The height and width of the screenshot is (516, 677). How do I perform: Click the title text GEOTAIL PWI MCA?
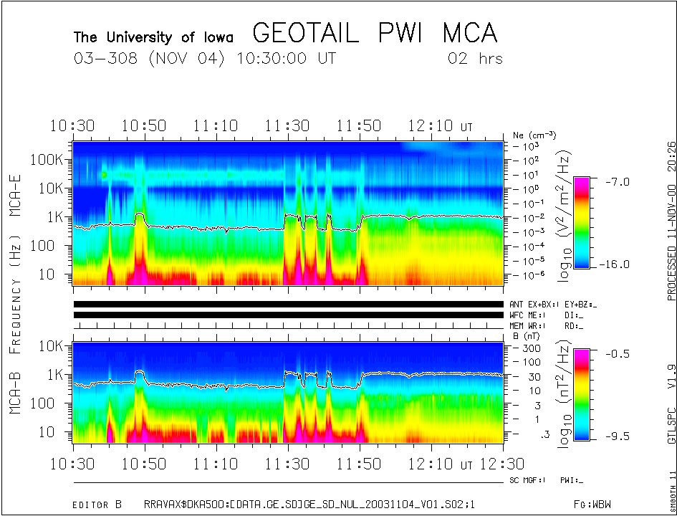tap(375, 34)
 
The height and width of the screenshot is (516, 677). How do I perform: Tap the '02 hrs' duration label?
tap(475, 59)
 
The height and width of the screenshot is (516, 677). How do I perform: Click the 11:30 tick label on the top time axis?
tap(287, 126)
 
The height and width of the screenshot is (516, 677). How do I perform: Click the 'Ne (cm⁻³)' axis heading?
tap(534, 135)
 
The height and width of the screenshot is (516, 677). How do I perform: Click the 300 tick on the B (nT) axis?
tap(530, 348)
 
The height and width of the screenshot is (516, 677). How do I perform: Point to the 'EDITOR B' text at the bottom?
tap(97, 505)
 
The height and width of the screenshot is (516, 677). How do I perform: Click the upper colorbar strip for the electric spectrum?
tap(582, 222)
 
